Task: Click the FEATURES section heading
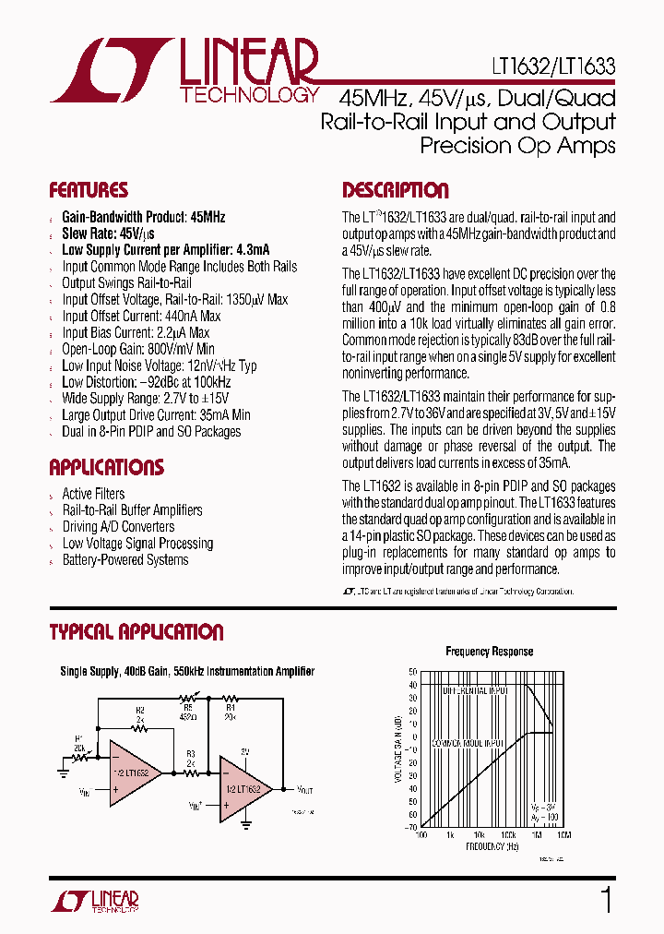89,191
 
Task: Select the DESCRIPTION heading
396,191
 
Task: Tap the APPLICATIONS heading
106,467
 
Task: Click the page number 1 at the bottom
606,900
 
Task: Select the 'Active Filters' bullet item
93,494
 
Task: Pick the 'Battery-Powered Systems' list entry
125,560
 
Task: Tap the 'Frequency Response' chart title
489,652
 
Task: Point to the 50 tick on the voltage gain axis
413,671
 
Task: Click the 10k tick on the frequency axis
480,834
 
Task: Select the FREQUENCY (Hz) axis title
490,845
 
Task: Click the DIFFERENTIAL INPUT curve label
475,690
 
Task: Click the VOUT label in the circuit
304,790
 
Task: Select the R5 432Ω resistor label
188,709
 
